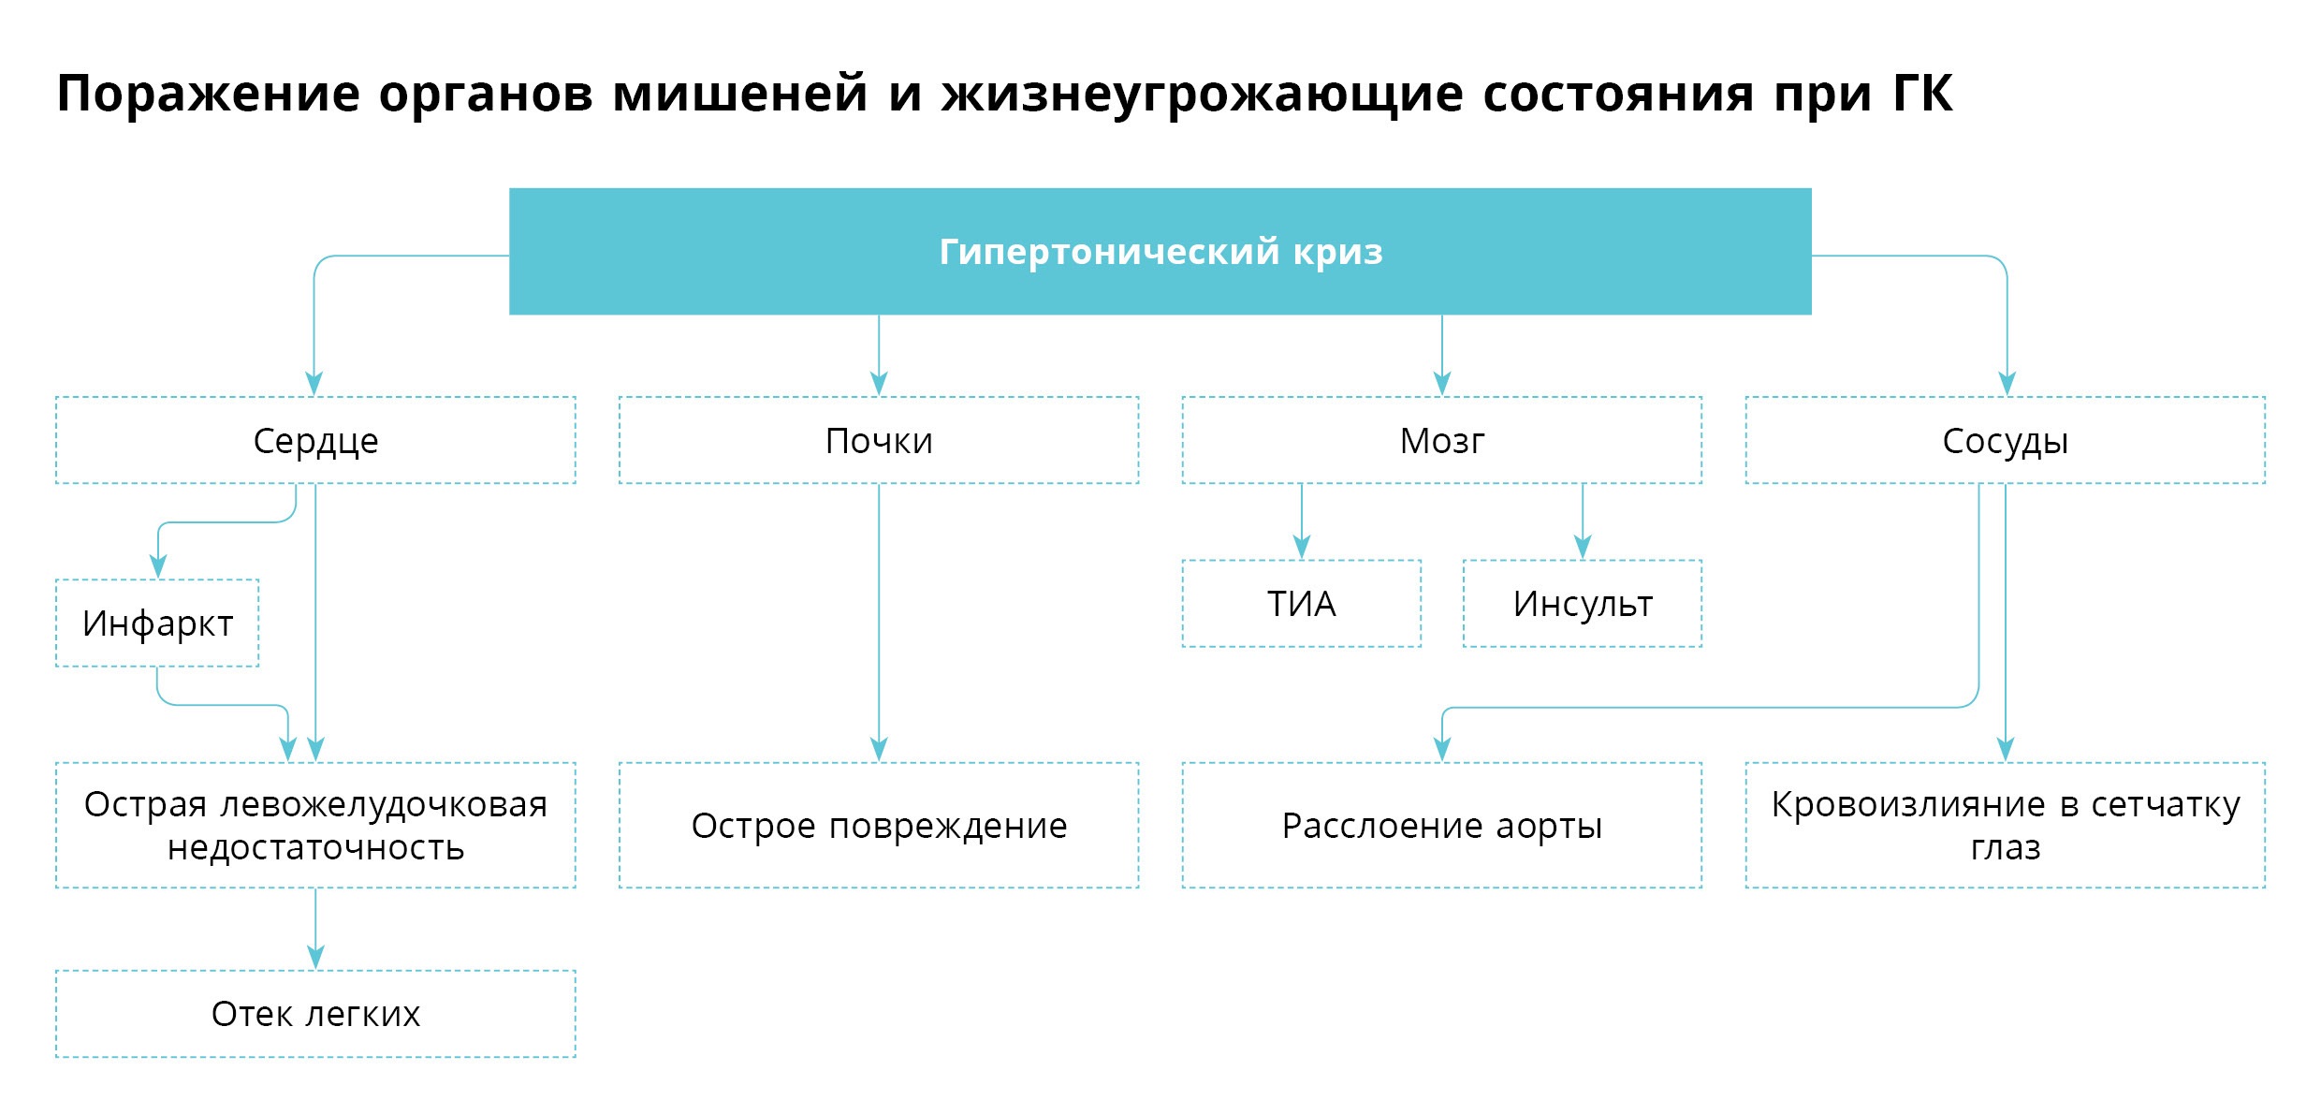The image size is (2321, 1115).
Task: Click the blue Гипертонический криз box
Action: (x=1160, y=251)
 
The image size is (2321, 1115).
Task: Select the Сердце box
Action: (x=315, y=440)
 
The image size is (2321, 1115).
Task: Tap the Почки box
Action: (x=879, y=440)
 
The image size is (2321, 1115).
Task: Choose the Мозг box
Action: (x=1441, y=440)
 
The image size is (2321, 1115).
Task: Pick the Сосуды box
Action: (x=2005, y=440)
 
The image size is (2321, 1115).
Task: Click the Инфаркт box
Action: (x=157, y=623)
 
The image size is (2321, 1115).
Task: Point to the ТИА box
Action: (x=1301, y=603)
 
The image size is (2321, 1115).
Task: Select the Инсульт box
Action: (x=1582, y=603)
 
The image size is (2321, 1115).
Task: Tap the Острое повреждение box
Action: (x=879, y=825)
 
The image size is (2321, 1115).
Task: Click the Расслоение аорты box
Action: (x=1441, y=825)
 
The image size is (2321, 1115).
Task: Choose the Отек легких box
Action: (x=315, y=1013)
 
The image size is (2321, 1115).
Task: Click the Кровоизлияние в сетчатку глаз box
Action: (x=2005, y=825)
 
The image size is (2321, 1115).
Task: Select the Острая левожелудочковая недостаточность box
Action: (x=315, y=825)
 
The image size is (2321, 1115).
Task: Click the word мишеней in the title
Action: (x=740, y=94)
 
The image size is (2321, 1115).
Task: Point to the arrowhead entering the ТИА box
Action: (x=1301, y=548)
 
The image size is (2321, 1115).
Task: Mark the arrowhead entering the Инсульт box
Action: (x=1583, y=548)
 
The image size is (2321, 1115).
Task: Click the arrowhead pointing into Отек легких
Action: (x=315, y=958)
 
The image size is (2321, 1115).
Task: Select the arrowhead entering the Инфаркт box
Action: (x=158, y=566)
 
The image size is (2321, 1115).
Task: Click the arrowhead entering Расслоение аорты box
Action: (x=1442, y=750)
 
